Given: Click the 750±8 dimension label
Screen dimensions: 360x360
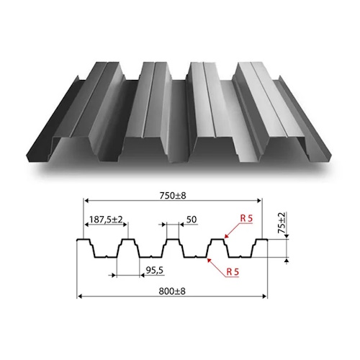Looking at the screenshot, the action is point(173,196).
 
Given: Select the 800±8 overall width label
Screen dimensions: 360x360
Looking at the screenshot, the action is point(172,292).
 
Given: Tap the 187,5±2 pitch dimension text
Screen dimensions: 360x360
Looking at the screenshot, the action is point(106,220).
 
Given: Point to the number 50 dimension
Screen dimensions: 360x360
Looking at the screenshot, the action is point(192,220).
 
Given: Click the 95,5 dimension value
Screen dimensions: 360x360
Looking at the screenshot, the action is point(155,271).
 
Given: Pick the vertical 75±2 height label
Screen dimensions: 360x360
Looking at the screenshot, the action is point(282,222).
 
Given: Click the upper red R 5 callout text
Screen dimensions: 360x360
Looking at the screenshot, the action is point(246,218).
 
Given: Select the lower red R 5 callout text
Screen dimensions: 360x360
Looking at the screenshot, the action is point(233,272).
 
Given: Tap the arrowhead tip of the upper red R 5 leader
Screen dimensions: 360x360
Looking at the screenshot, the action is point(225,238).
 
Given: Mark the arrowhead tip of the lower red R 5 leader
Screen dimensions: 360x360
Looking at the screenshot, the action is point(207,258).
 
